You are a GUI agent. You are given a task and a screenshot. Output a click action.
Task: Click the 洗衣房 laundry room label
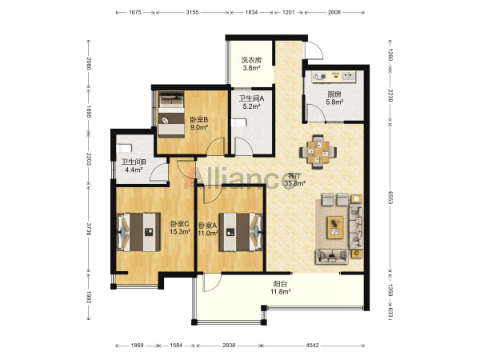pyautogui.click(x=251, y=60)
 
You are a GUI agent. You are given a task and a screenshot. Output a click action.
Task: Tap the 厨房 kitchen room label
pyautogui.click(x=334, y=94)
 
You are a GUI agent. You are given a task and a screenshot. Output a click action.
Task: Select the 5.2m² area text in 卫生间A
pyautogui.click(x=251, y=106)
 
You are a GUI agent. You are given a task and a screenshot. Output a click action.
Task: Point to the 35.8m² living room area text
pyautogui.click(x=294, y=184)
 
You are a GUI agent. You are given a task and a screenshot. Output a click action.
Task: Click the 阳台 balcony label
pyautogui.click(x=280, y=284)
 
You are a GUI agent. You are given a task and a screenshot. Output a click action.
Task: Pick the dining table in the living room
pyautogui.click(x=318, y=152)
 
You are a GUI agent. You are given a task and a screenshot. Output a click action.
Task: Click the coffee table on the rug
pyautogui.click(x=335, y=227)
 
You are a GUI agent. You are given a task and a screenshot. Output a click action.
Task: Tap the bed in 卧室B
pyautogui.click(x=171, y=114)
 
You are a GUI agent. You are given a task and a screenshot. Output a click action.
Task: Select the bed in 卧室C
pyautogui.click(x=138, y=232)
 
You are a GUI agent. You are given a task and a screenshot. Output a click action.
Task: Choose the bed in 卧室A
pyautogui.click(x=241, y=232)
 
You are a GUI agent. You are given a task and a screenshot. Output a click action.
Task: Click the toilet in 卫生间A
pyautogui.click(x=239, y=123)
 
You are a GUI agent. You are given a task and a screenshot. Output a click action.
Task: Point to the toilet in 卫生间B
pyautogui.click(x=124, y=149)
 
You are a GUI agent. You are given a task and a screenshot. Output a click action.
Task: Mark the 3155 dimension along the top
pyautogui.click(x=192, y=13)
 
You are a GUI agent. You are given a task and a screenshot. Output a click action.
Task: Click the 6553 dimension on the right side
pyautogui.click(x=390, y=198)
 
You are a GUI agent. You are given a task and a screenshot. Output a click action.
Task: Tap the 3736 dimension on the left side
pyautogui.click(x=89, y=229)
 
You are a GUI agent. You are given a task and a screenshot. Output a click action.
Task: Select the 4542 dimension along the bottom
pyautogui.click(x=312, y=346)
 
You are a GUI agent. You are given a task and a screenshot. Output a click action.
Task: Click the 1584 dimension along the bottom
pyautogui.click(x=176, y=346)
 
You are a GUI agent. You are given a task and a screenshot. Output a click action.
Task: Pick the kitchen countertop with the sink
pyautogui.click(x=334, y=77)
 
